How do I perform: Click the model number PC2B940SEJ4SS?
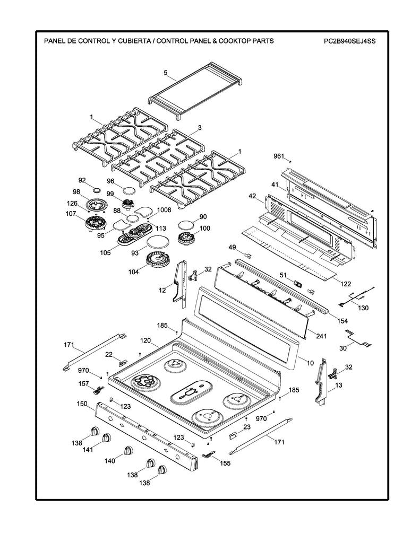349,41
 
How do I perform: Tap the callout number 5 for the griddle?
165,72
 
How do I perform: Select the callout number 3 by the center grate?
199,128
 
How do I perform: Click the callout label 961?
279,156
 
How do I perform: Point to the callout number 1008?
164,210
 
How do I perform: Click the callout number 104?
133,271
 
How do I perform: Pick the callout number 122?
345,284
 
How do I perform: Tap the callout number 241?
320,335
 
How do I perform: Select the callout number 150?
81,404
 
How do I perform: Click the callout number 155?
225,463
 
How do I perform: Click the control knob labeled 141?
107,438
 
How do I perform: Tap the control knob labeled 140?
128,450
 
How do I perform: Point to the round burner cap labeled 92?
96,189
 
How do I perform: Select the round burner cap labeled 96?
128,190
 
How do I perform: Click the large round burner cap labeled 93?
157,243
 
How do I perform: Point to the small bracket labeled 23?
232,435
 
